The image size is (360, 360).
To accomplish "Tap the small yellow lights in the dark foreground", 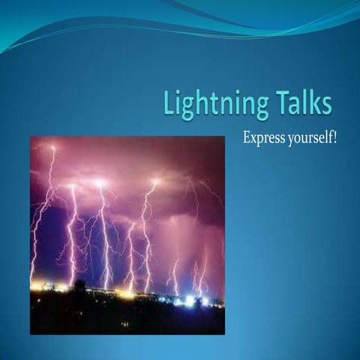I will click(x=124, y=324).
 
